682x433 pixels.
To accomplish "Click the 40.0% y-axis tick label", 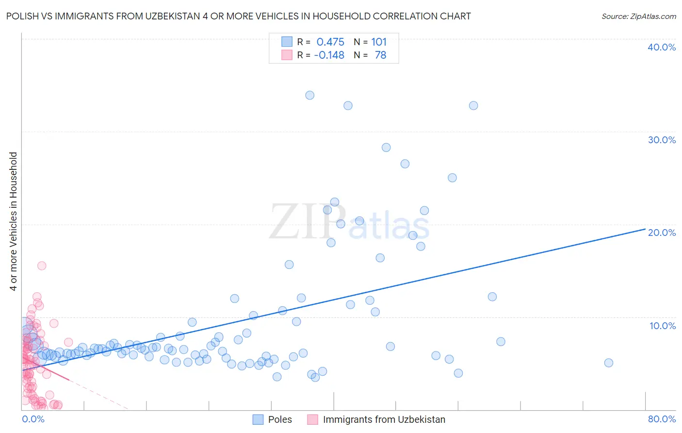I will (x=661, y=47).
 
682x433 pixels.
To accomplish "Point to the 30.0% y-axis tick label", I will (x=661, y=140).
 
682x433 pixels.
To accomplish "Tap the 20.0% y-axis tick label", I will (x=661, y=233).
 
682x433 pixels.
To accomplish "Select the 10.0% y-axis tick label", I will (x=662, y=326).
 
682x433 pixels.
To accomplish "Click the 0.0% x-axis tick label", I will (x=33, y=419).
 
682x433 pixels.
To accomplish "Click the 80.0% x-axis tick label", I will (x=662, y=419).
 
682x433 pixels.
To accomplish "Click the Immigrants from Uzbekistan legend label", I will (x=384, y=419).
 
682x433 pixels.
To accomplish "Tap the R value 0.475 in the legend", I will (x=330, y=42).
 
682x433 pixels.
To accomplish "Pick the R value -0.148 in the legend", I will (x=329, y=55).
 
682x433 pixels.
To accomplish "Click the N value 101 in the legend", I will (x=379, y=42).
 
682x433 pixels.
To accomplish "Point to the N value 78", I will (x=380, y=55).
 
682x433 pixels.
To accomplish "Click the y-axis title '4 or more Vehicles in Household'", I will (x=14, y=221).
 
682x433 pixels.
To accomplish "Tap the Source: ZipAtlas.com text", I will (x=638, y=17).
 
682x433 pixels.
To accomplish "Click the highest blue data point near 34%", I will (x=309, y=95).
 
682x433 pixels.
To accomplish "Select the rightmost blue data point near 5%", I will (x=608, y=363).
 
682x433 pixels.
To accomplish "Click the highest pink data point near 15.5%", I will (x=42, y=266).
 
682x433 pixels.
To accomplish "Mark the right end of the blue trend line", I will (x=645, y=229).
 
